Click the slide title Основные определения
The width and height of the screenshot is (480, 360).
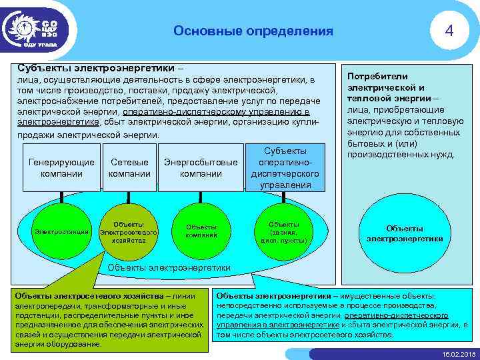click(x=253, y=31)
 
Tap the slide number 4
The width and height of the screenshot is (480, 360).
click(x=450, y=31)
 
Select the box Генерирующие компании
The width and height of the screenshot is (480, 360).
click(x=61, y=168)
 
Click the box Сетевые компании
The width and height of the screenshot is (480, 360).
click(x=129, y=168)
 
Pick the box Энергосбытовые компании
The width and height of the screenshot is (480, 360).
click(x=201, y=168)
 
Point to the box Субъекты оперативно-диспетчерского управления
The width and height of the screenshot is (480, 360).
click(x=285, y=168)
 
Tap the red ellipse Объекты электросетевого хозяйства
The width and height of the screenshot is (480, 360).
click(x=128, y=231)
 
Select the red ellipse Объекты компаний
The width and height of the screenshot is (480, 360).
click(x=201, y=231)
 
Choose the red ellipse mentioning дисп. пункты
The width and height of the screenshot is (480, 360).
click(x=283, y=231)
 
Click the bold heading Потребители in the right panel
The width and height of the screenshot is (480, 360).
click(x=377, y=77)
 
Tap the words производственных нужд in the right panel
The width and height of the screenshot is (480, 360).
click(x=401, y=155)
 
